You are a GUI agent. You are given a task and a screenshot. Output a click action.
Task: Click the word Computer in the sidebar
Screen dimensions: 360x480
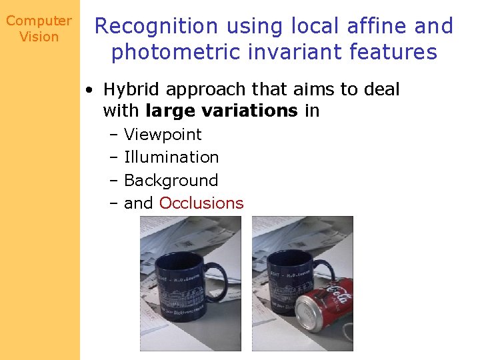click(x=39, y=21)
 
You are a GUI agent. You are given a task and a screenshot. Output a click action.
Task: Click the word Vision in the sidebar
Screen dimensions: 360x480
click(x=39, y=37)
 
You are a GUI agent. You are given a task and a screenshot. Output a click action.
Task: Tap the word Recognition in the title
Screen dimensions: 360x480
click(x=157, y=27)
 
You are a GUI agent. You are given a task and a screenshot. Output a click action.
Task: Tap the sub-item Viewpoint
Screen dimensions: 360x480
click(x=163, y=135)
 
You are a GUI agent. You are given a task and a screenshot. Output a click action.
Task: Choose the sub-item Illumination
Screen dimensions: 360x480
click(x=171, y=157)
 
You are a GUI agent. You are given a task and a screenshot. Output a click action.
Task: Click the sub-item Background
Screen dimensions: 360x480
click(x=171, y=181)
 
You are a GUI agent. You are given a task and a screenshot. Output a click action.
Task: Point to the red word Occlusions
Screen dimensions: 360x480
click(x=201, y=203)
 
